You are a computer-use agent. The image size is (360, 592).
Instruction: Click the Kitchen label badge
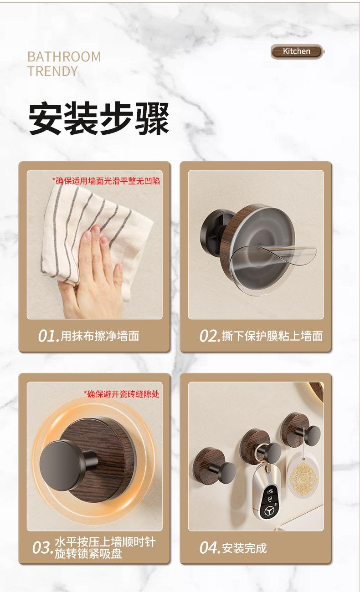tap(297, 51)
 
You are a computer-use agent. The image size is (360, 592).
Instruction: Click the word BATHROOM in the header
tap(64, 57)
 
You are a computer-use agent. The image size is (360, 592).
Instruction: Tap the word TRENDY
tap(53, 71)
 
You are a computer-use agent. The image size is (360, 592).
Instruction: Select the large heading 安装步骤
tap(99, 119)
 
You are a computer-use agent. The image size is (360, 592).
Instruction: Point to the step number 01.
tap(49, 336)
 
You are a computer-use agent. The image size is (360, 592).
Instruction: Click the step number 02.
tap(210, 336)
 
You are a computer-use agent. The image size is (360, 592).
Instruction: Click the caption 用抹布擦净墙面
tap(100, 336)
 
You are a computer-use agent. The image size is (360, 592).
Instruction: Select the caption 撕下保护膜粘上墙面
tap(273, 336)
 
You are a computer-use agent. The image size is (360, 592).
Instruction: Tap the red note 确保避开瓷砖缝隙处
tap(122, 394)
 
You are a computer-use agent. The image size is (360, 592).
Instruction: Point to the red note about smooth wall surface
tap(106, 181)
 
